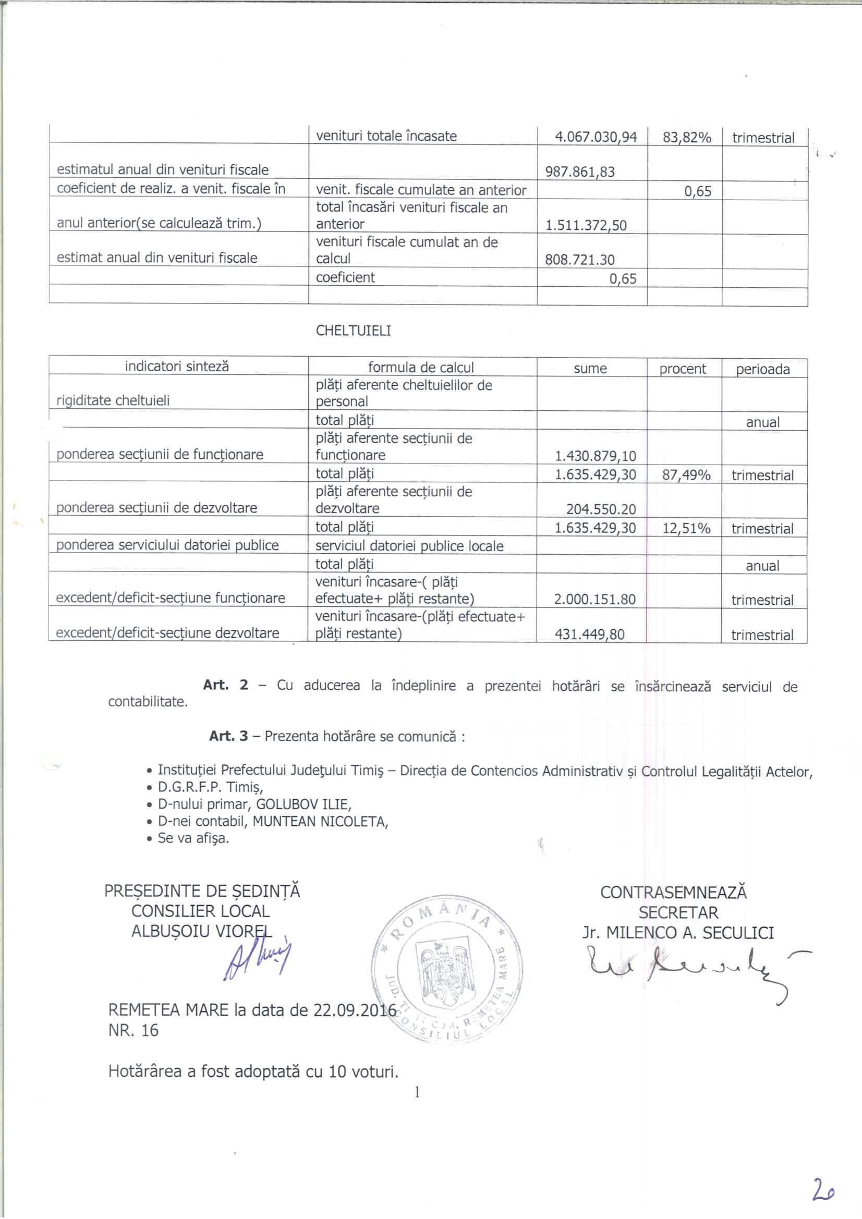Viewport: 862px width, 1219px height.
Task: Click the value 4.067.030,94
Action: coord(596,137)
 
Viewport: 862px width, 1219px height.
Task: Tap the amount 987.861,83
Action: coord(580,172)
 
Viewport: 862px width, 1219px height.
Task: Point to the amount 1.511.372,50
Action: coord(586,226)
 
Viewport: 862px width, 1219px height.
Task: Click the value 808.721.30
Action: coord(579,260)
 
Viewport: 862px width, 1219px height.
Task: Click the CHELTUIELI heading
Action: coord(353,331)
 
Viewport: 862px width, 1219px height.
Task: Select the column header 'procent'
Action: coord(683,369)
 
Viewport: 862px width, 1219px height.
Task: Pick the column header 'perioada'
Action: coord(763,370)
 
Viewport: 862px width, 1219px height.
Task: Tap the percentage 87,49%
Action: coord(686,475)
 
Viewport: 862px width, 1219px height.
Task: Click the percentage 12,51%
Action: coord(686,529)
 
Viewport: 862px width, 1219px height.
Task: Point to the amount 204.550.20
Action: coord(601,510)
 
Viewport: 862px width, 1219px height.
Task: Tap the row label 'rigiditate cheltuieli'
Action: coord(113,401)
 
